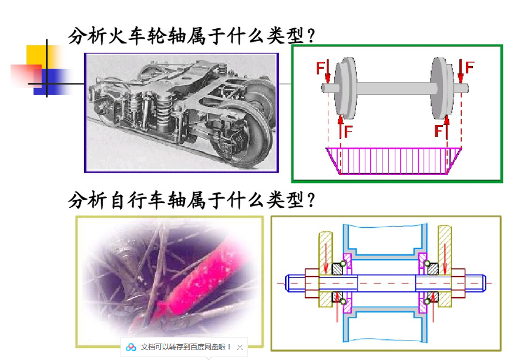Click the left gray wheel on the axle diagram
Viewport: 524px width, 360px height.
pyautogui.click(x=345, y=88)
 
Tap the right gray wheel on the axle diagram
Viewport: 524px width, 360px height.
pyautogui.click(x=442, y=88)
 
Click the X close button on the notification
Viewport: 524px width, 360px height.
pyautogui.click(x=240, y=347)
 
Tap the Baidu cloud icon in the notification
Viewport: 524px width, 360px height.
pyautogui.click(x=131, y=347)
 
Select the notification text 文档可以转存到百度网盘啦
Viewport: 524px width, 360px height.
pyautogui.click(x=186, y=347)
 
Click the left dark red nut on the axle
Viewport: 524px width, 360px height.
pyautogui.click(x=311, y=282)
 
